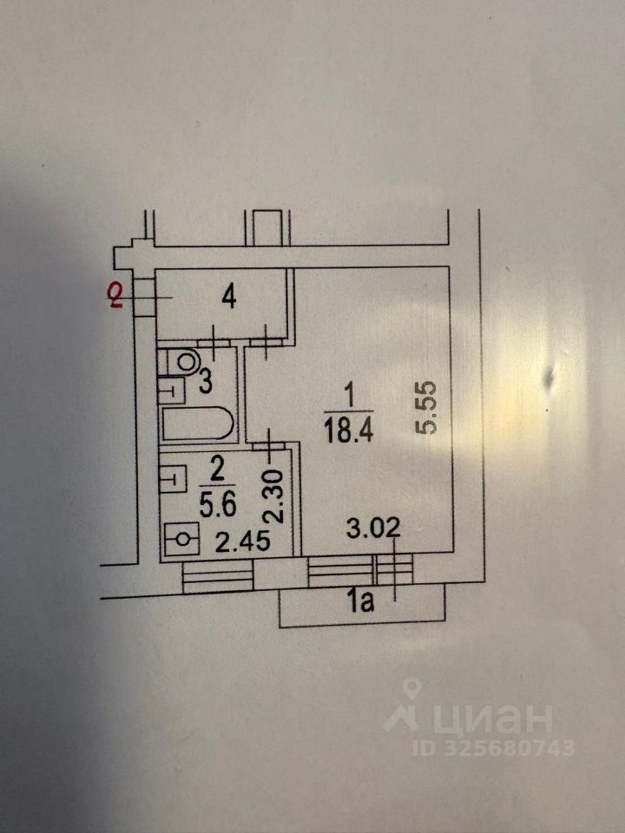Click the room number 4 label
point(228,298)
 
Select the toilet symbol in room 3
point(184,358)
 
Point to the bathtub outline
point(196,424)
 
